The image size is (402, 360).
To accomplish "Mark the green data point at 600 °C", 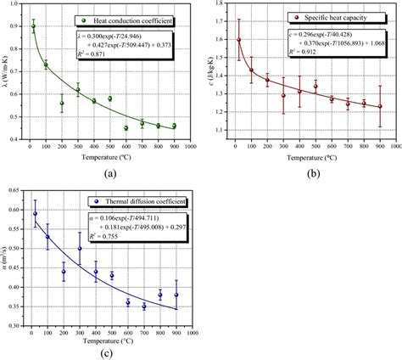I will coord(126,128).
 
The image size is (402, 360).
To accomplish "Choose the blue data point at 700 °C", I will coord(144,307).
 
